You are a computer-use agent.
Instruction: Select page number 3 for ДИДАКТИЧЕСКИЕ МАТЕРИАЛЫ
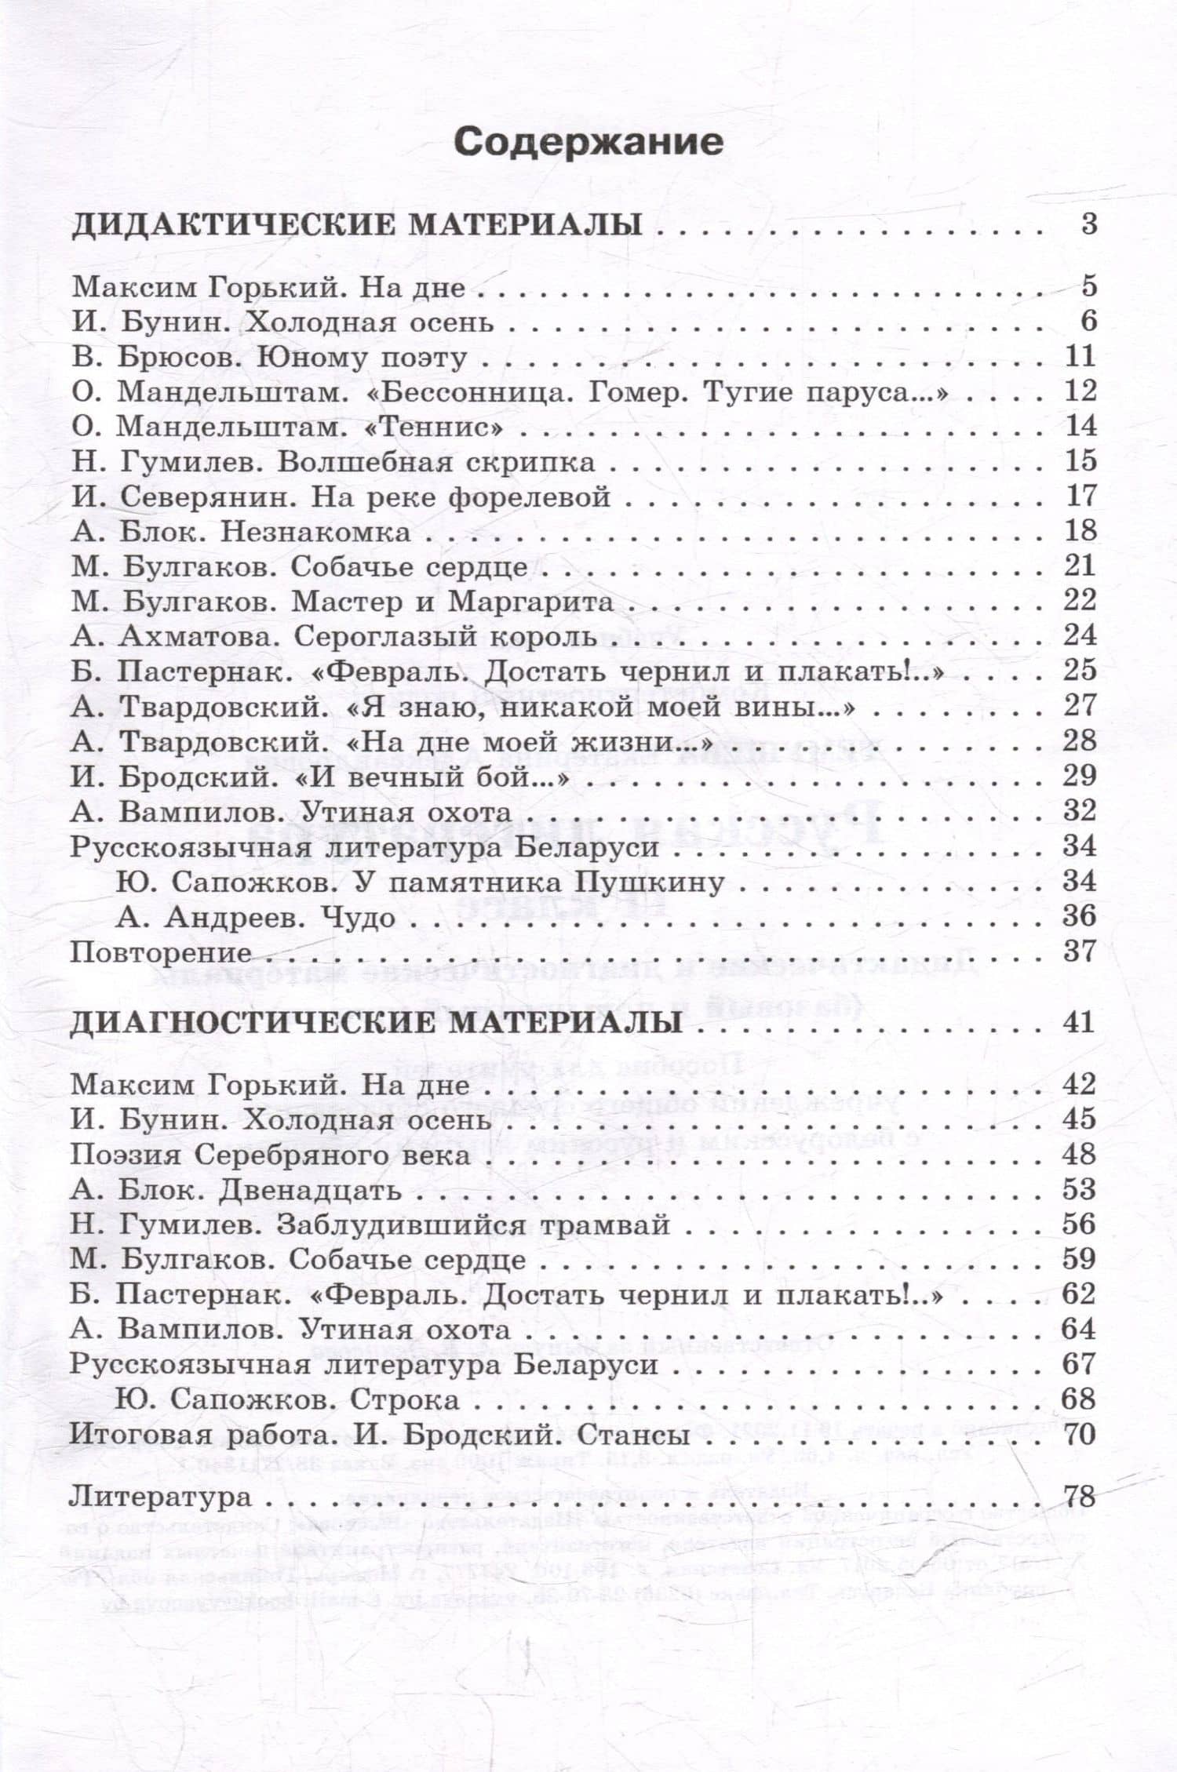[x=1088, y=225]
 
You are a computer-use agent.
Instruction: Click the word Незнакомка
[x=315, y=533]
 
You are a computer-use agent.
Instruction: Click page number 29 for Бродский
[x=1079, y=776]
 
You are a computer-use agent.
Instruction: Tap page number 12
[x=1080, y=391]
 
